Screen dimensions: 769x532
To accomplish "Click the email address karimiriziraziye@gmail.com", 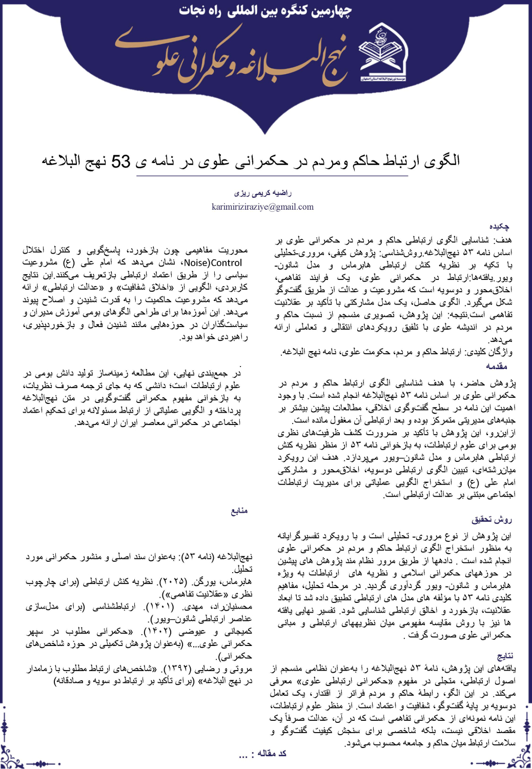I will [x=262, y=207].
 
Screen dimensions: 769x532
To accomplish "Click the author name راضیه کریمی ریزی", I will [x=263, y=193].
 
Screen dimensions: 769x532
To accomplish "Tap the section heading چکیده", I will [x=499, y=226].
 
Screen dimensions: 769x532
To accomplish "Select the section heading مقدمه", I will [x=496, y=366].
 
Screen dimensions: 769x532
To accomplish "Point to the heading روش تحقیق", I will [x=492, y=520].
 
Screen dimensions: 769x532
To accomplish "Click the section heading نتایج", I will [x=505, y=656].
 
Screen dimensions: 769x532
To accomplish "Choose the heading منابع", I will [x=239, y=511].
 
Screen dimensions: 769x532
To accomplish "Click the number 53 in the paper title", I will [x=121, y=161].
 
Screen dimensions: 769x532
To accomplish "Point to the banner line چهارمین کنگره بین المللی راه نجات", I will [x=265, y=11].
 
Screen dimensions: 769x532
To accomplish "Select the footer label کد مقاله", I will [x=272, y=753].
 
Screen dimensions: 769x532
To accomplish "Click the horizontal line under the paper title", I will [x=272, y=176].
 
